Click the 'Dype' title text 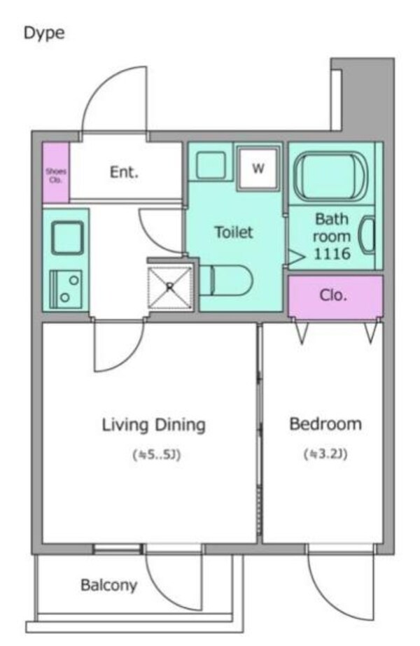pyautogui.click(x=44, y=34)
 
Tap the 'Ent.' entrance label pyautogui.click(x=124, y=172)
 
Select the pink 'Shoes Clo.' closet pyautogui.click(x=55, y=172)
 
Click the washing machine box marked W pyautogui.click(x=258, y=168)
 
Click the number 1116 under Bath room pyautogui.click(x=332, y=254)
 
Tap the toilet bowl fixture pyautogui.click(x=226, y=280)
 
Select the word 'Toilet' pyautogui.click(x=234, y=232)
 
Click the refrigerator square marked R pyautogui.click(x=170, y=288)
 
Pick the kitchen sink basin pyautogui.click(x=67, y=238)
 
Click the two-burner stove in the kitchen pyautogui.click(x=66, y=289)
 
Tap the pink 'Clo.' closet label pyautogui.click(x=333, y=295)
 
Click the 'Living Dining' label pyautogui.click(x=154, y=425)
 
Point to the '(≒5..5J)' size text pyautogui.click(x=157, y=455)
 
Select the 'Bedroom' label pyautogui.click(x=325, y=424)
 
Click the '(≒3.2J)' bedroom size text pyautogui.click(x=325, y=454)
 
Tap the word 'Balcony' pyautogui.click(x=108, y=585)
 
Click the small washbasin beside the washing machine pyautogui.click(x=211, y=164)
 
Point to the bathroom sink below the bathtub pyautogui.click(x=367, y=235)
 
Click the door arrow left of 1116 pyautogui.click(x=297, y=257)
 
